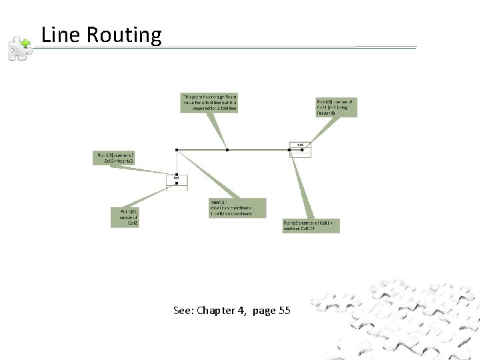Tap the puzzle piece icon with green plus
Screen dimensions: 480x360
click(19, 49)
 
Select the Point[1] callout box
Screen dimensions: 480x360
click(115, 158)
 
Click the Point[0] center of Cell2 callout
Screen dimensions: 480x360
click(125, 217)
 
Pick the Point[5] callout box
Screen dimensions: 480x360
click(311, 225)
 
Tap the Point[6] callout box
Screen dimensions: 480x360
click(336, 107)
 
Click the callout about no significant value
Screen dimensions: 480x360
click(209, 101)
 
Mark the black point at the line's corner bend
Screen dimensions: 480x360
click(177, 150)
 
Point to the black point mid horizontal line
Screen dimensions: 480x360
click(227, 150)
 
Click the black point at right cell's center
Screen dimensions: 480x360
click(302, 150)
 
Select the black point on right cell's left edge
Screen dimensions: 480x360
click(289, 150)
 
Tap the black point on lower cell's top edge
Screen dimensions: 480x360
click(177, 174)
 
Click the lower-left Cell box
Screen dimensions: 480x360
click(177, 181)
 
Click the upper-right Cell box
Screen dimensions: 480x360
click(301, 148)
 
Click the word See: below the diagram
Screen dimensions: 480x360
click(183, 311)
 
